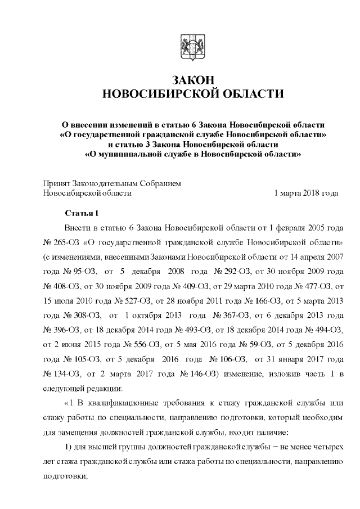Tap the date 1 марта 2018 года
point(305,193)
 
